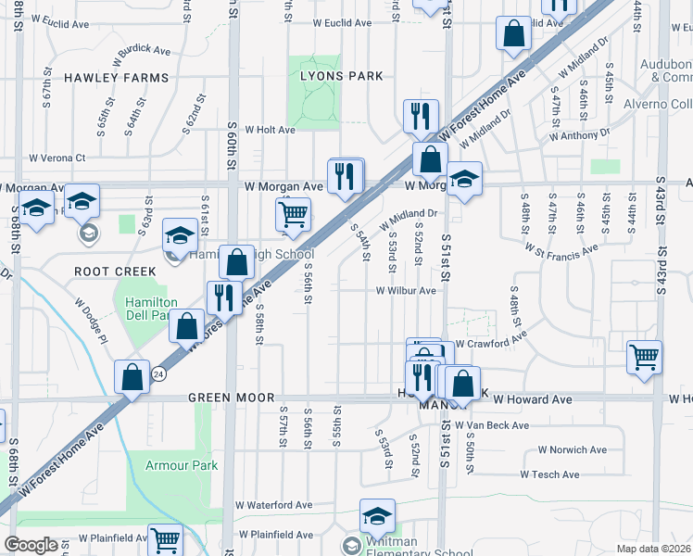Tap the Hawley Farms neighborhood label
coord(117,79)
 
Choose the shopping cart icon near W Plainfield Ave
coord(166,538)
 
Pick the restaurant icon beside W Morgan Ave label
coord(346,176)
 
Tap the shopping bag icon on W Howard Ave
coord(463,382)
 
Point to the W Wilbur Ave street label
coord(406,291)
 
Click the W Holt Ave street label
coord(263,131)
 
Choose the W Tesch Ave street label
coord(550,474)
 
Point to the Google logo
coord(31,545)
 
